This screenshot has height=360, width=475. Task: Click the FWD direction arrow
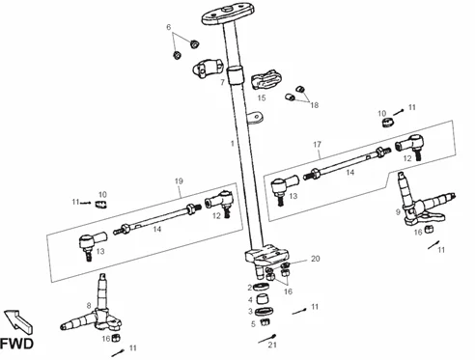pos(18,321)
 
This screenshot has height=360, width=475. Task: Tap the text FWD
pos(16,344)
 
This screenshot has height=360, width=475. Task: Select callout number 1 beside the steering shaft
pos(233,143)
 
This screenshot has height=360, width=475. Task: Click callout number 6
pos(169,27)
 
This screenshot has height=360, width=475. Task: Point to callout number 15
pos(262,97)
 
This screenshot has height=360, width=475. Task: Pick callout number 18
pos(314,105)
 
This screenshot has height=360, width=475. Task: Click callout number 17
pos(318,144)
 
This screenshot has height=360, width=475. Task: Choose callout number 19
pos(179,181)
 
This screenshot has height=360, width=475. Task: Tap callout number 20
pos(316,259)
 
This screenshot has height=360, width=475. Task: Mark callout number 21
pos(272,345)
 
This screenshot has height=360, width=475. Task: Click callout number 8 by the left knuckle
pos(89,305)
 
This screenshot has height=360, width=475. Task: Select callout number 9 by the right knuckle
pos(398,212)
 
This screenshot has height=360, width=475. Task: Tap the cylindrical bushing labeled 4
pos(262,299)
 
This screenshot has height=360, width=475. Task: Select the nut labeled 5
pos(265,321)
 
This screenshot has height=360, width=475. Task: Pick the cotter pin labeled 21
pos(267,339)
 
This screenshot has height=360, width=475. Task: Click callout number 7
pos(222,83)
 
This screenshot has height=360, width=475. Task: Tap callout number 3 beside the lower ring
pos(250,311)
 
